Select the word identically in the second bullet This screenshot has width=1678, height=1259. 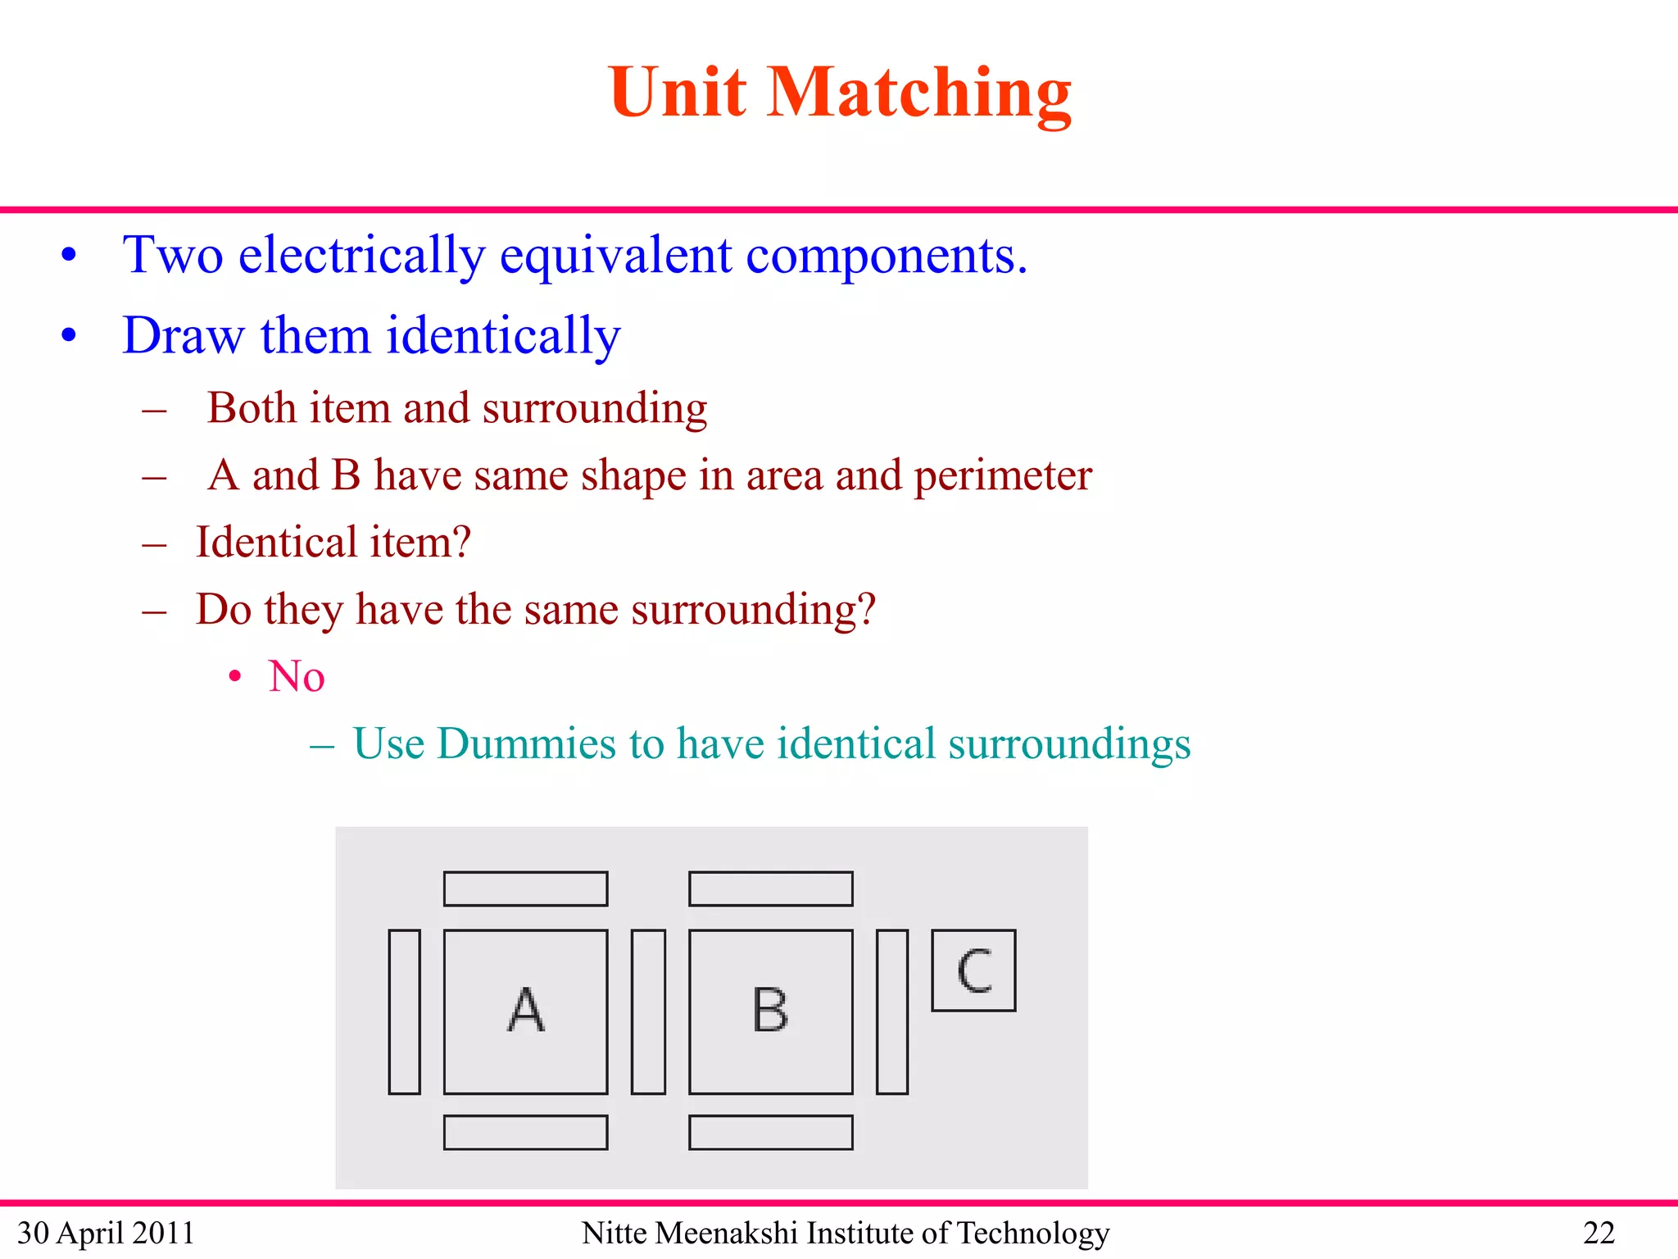pos(503,336)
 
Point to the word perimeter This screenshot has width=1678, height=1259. pos(1002,475)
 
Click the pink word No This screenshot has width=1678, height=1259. pos(296,677)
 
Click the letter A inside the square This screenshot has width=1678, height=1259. pos(525,1010)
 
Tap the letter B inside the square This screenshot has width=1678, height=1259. pos(770,1010)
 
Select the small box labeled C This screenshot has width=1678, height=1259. pos(973,970)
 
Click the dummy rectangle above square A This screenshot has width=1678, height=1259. pos(525,889)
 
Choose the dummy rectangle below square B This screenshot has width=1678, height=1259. pos(770,1133)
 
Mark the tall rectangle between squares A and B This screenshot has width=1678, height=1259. pos(648,1011)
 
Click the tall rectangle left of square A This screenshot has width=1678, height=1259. pos(404,1011)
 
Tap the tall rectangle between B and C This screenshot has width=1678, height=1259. pos(891,1011)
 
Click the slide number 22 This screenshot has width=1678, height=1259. pos(1599,1233)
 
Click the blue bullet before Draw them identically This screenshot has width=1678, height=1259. pos(69,335)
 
